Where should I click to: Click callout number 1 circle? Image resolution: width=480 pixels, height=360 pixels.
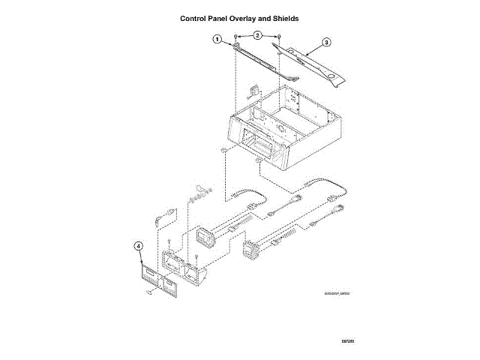click(x=217, y=38)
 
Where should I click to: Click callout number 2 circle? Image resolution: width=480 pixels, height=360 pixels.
click(x=258, y=35)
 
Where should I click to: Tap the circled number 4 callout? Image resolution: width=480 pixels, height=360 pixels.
click(x=138, y=245)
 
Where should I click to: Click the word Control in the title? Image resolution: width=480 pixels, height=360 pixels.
click(x=196, y=17)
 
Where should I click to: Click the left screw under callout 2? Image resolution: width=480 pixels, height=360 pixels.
click(x=237, y=37)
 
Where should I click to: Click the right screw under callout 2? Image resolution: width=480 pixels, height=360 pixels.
click(x=279, y=37)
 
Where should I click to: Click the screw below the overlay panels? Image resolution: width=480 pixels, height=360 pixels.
click(x=150, y=294)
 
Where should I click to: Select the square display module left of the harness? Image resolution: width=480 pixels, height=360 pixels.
click(x=205, y=238)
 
